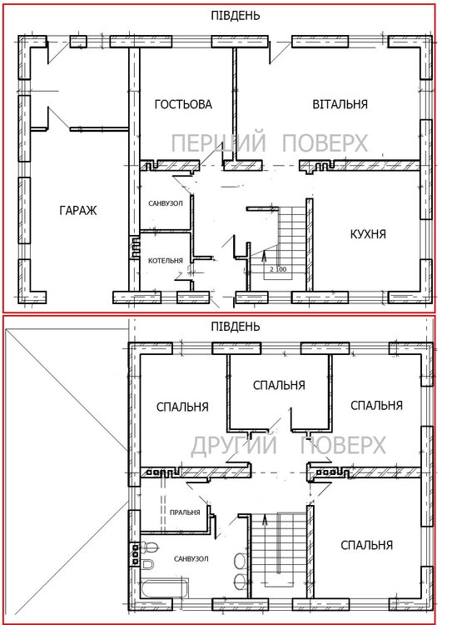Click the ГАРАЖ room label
coord(78,210)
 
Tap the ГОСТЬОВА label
coord(183,104)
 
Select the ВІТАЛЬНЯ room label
coord(340,104)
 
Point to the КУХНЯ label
coord(368,234)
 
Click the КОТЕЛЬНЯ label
coord(166,261)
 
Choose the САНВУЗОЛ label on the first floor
coord(166,203)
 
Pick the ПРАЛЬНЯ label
coord(185,512)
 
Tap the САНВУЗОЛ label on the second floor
coord(191,559)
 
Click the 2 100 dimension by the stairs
coord(278,269)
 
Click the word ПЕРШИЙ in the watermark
coord(219,142)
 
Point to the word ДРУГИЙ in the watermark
coord(234,445)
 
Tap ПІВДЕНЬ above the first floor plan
coord(236,16)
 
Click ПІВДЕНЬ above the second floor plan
coord(236,327)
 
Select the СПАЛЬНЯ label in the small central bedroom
coord(279,385)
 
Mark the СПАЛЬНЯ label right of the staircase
coord(367,545)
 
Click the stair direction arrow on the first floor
coord(263,259)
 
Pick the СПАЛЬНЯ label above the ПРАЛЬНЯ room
coord(182,407)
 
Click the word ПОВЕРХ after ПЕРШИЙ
coord(325,142)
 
